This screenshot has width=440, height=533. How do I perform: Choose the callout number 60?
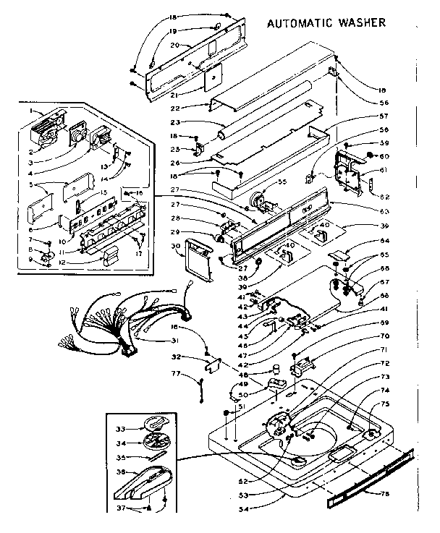384,156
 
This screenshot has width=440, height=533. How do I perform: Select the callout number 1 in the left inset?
33,110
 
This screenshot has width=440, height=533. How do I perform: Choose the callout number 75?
385,405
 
